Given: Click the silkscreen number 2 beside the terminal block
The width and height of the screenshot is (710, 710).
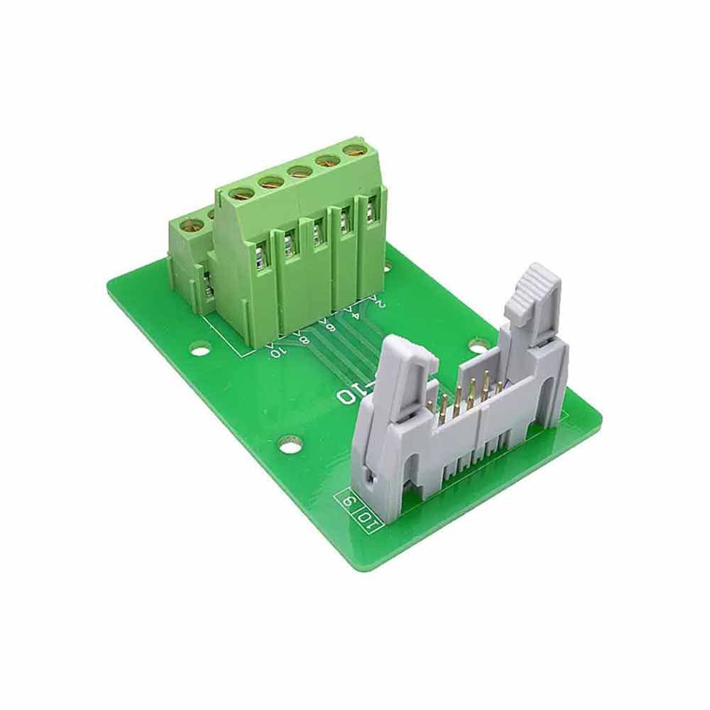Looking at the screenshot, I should [x=381, y=303].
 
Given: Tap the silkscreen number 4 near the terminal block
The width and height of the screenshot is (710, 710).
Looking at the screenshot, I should [x=355, y=313].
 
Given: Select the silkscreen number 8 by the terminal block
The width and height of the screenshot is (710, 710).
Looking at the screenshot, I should [x=304, y=338].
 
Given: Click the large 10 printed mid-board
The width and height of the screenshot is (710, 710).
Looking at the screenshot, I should [x=348, y=395].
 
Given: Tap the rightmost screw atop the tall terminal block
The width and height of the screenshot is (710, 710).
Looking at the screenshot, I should [x=353, y=150].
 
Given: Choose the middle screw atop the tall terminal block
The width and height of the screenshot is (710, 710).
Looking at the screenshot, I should [x=300, y=171].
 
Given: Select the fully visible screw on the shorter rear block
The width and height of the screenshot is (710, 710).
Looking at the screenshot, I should [x=192, y=226].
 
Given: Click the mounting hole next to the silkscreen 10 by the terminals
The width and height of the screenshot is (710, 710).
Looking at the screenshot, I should [x=200, y=349].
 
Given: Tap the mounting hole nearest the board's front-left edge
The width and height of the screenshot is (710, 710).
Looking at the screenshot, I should [x=290, y=445].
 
